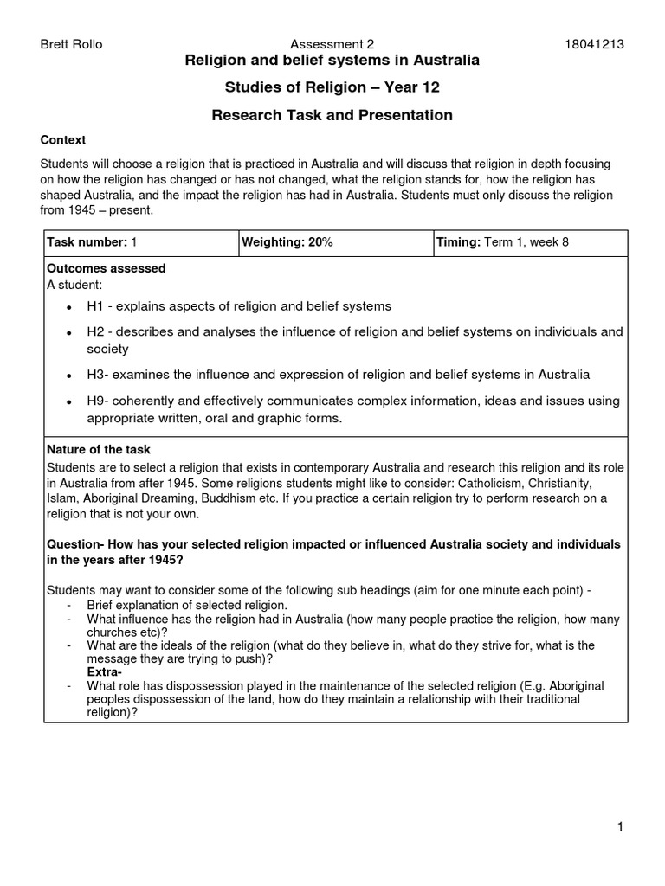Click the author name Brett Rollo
click(72, 44)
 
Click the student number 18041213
click(594, 44)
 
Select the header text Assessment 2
click(332, 44)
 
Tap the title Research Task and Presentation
click(332, 115)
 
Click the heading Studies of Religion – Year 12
click(332, 88)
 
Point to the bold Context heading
click(63, 140)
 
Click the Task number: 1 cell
click(91, 242)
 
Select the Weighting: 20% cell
click(287, 242)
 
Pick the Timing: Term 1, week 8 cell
click(503, 242)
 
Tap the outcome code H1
click(95, 306)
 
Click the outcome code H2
click(95, 332)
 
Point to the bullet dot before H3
click(68, 376)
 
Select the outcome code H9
click(95, 401)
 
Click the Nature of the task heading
click(98, 450)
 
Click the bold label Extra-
click(105, 671)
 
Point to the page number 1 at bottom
click(620, 827)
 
